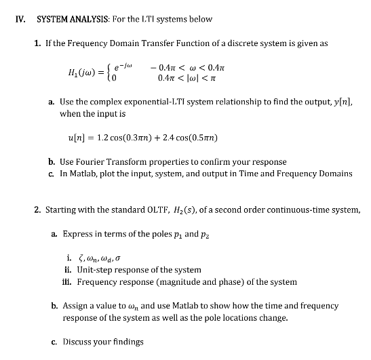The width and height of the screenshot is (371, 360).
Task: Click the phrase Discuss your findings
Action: pos(102,341)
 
